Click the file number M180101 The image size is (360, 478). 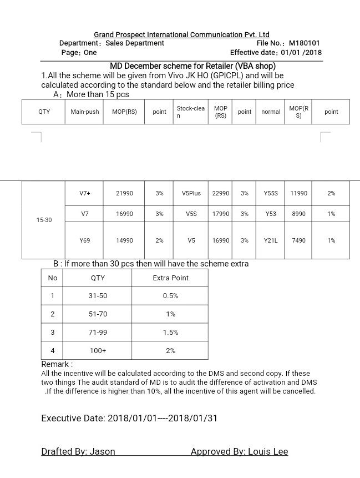coord(305,43)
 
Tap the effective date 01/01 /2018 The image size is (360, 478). coord(301,53)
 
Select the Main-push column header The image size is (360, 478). coord(85,112)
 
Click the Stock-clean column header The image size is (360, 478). coord(190,112)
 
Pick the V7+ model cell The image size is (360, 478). coord(84,193)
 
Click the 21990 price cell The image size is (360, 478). coord(124,193)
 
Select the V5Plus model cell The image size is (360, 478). coord(191,193)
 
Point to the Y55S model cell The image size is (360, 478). coord(271,193)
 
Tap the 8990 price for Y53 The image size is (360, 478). coord(298,214)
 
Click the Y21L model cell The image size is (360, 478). coord(271,240)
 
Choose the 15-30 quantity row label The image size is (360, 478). coord(44,220)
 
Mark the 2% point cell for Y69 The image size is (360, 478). coord(159,240)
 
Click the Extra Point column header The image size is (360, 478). coord(170,278)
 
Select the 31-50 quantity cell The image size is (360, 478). coord(98,296)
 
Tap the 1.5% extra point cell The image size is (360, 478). coord(170,333)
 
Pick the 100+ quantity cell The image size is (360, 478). coord(98,351)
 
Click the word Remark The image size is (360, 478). coord(55,364)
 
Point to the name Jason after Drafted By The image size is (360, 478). coord(103,452)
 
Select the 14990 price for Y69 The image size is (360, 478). coord(124,240)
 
